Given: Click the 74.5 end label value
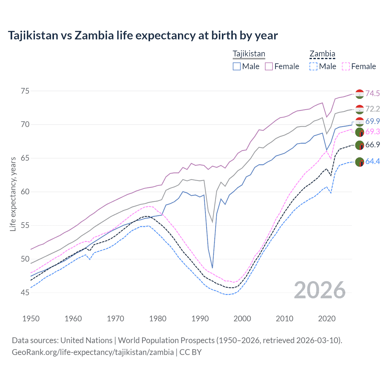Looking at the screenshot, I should pos(373,93).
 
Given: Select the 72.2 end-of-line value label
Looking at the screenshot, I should pos(373,109).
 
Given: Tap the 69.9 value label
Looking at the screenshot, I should pos(373,121).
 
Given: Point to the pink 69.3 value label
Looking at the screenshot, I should pos(373,132).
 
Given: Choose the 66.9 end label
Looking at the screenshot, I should pos(373,145).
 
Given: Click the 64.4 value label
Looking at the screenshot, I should pos(373,161).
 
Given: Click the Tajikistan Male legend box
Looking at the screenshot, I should pos(237,66).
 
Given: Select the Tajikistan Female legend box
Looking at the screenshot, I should pos(269,66).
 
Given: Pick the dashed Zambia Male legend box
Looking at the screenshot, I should pos(313,66).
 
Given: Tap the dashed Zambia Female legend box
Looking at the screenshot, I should pos(346,66).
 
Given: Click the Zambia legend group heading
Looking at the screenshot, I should pos(322,54).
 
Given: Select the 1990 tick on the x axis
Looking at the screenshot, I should pos(200,319).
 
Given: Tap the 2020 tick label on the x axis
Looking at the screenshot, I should pos(327,319).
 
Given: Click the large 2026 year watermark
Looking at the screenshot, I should pos(320,290).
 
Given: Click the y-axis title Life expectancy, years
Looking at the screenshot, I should pos(13,194).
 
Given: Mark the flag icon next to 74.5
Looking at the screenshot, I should pos(360,94).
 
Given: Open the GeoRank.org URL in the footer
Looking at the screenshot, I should pos(93,352).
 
